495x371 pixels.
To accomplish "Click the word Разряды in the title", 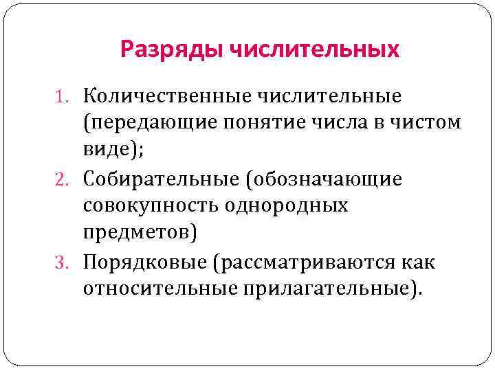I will [x=170, y=49].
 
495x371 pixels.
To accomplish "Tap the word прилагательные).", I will [x=330, y=290].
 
